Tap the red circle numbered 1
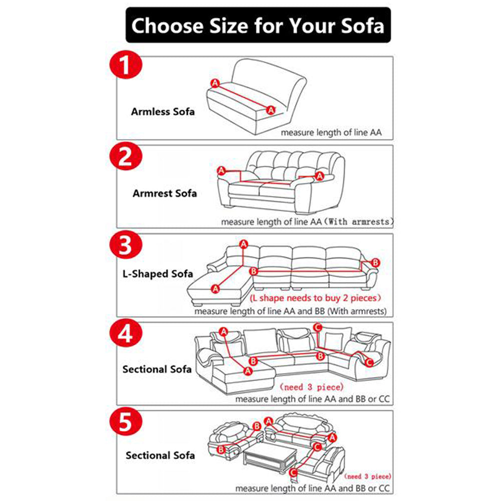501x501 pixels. tap(126, 69)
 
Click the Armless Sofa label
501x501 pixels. tap(163, 111)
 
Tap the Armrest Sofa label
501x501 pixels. tap(165, 193)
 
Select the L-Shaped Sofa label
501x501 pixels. tap(158, 274)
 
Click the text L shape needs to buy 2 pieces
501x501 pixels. tap(316, 298)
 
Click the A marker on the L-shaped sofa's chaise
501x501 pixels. tap(215, 288)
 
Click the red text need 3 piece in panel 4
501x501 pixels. tap(312, 387)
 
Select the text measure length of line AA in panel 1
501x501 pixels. tap(331, 133)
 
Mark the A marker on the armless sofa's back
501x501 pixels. tap(215, 83)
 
